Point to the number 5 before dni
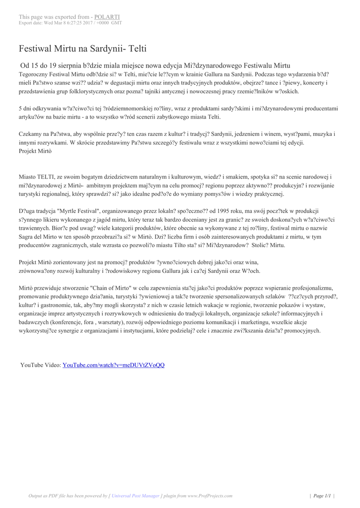[x=20, y=108]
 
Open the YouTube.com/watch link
[x=113, y=365]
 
